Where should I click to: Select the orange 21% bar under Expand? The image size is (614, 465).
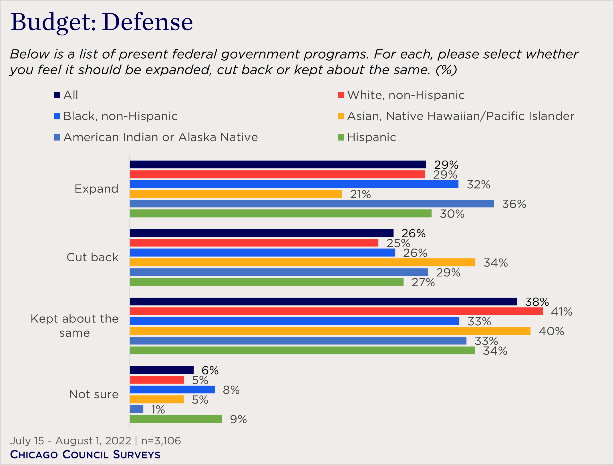click(236, 194)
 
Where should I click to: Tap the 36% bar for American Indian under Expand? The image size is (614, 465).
click(312, 204)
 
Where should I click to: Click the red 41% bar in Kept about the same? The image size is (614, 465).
click(336, 311)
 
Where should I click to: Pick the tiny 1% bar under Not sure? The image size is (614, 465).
click(137, 409)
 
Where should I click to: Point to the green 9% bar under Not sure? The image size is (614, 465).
click(176, 419)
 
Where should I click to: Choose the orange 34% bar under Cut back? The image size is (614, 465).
click(303, 262)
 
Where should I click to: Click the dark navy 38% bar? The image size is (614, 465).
click(323, 302)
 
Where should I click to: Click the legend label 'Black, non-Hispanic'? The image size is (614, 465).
click(120, 116)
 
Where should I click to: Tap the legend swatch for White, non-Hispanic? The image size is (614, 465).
click(341, 95)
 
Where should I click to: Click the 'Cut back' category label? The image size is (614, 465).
click(92, 257)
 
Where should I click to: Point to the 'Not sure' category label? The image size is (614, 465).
click(94, 394)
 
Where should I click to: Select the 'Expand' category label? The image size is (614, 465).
click(96, 189)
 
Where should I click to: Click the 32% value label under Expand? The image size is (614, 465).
click(478, 185)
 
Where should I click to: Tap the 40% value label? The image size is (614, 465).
click(551, 331)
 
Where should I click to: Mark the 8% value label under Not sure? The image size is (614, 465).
click(231, 390)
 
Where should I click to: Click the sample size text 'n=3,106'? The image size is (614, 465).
click(161, 441)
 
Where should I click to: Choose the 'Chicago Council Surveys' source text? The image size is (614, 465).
click(85, 454)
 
